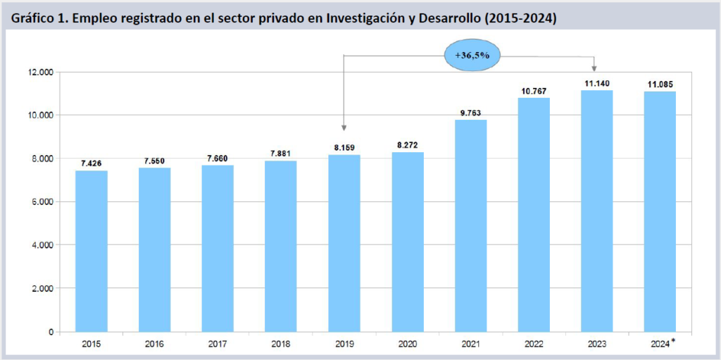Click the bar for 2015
[92, 251]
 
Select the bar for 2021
[470, 225]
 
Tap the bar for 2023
[596, 211]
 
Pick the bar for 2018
[281, 246]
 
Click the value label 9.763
[471, 112]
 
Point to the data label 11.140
[596, 82]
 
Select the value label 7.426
[92, 163]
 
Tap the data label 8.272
[407, 144]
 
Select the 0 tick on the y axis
[51, 331]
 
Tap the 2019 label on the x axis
[344, 343]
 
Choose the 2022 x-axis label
[533, 343]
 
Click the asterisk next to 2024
[673, 341]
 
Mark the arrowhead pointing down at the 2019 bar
[344, 127]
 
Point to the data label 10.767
[534, 91]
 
